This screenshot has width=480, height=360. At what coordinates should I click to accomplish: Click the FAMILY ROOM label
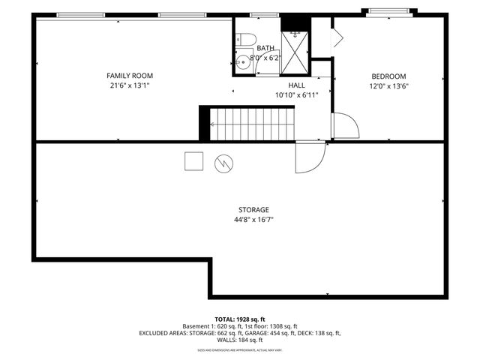[129, 76]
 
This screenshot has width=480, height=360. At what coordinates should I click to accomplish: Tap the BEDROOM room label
[388, 76]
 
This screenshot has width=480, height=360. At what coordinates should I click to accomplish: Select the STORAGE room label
[253, 210]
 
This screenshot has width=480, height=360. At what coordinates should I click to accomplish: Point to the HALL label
[297, 85]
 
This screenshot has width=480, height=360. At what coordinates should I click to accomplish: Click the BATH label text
[265, 47]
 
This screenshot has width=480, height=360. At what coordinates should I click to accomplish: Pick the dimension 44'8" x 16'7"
[253, 220]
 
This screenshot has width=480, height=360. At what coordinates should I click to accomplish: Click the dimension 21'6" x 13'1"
[129, 85]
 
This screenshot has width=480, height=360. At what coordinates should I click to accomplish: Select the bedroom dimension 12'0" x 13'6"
[388, 85]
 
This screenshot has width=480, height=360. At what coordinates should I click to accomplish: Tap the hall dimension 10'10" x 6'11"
[297, 95]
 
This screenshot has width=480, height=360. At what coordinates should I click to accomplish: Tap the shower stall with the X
[295, 47]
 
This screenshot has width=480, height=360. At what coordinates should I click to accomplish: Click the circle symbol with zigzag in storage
[223, 163]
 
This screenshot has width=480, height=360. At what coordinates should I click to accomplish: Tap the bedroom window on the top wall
[387, 12]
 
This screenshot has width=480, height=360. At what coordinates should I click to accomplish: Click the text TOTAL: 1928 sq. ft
[239, 319]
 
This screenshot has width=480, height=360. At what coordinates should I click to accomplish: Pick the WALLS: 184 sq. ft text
[239, 340]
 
